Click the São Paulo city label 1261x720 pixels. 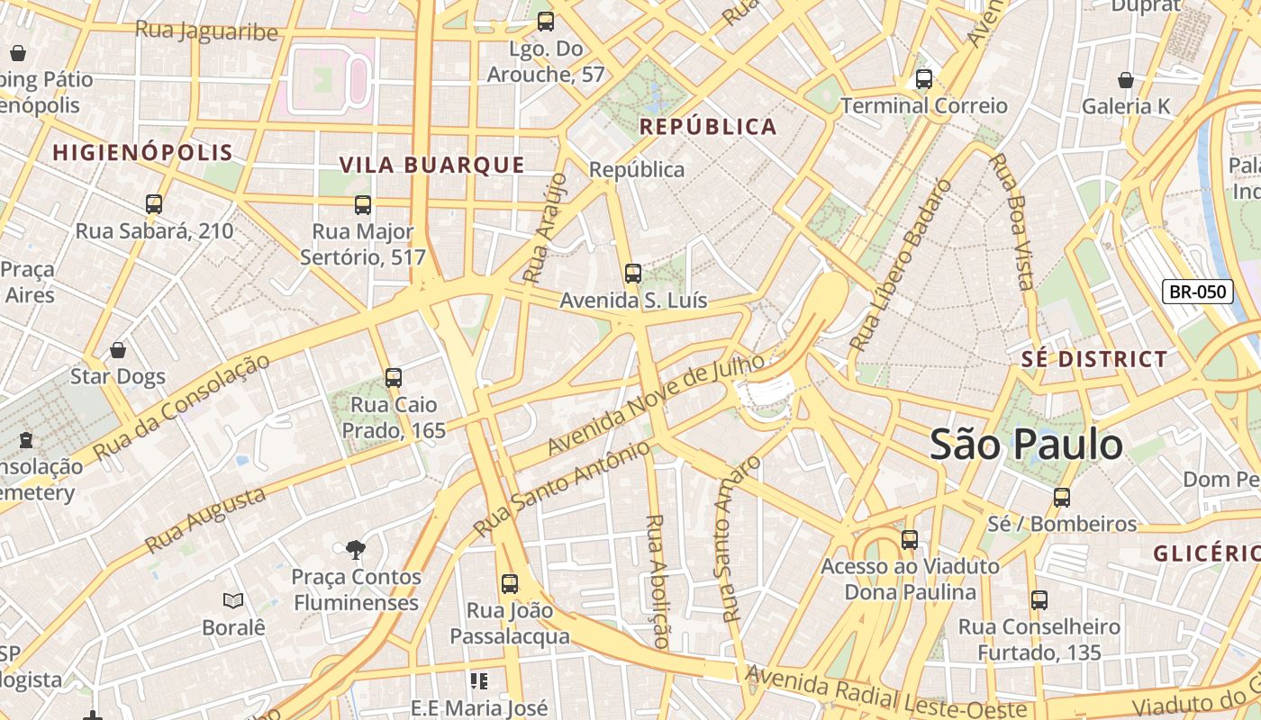point(1026,445)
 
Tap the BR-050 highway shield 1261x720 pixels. point(1197,292)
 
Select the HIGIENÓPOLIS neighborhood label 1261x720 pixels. point(142,152)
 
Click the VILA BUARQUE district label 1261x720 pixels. point(431,165)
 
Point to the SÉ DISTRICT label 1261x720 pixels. point(1093,359)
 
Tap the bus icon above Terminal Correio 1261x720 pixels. point(923,79)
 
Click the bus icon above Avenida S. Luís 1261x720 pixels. point(633,274)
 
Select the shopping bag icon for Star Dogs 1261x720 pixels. point(118,350)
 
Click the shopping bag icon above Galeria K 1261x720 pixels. point(1125,80)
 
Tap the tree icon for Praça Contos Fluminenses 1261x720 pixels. point(356,549)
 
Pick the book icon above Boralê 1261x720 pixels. point(233,600)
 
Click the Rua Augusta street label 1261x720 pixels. point(205,520)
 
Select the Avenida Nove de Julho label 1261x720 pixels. point(656,404)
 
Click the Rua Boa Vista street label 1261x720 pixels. point(1011,221)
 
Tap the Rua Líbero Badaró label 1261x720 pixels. point(900,265)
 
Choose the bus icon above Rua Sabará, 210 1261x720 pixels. point(154,204)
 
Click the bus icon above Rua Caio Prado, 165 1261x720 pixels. point(394,378)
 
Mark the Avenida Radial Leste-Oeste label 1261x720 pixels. point(886,692)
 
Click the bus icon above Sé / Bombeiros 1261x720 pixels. point(1062,498)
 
